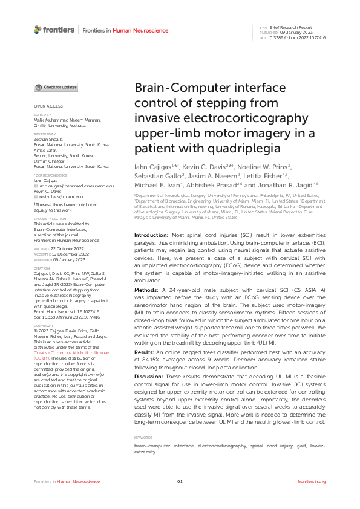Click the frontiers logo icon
pyautogui.click(x=38, y=29)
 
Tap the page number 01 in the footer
pyautogui.click(x=180, y=481)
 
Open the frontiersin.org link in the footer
pyautogui.click(x=312, y=481)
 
